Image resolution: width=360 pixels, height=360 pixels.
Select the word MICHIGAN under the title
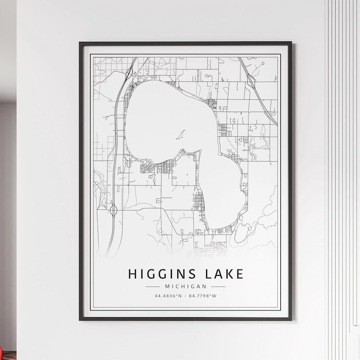(185, 286)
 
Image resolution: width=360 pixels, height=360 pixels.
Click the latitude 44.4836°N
(167, 296)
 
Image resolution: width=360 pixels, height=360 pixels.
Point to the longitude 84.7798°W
(203, 296)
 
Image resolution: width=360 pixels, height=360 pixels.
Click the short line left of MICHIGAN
(153, 286)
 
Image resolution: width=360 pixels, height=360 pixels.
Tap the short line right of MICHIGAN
(218, 286)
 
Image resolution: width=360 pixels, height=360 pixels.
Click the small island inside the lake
(181, 134)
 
